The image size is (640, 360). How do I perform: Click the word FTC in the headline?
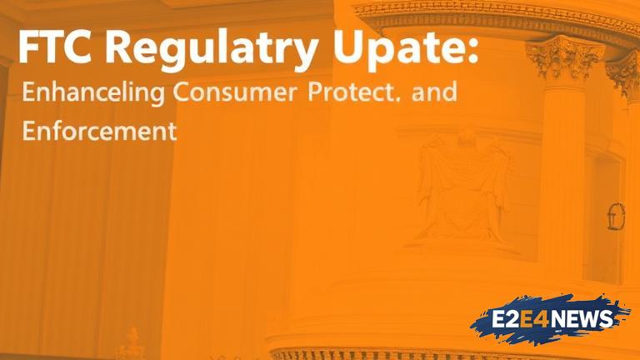pyautogui.click(x=55, y=46)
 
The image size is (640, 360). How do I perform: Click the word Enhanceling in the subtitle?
pyautogui.click(x=93, y=92)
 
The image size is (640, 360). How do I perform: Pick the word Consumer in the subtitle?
pyautogui.click(x=234, y=92)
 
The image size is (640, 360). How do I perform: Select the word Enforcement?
pyautogui.click(x=100, y=131)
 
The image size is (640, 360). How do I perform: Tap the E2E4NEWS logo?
pyautogui.click(x=551, y=319)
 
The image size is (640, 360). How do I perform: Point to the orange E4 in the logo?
pyautogui.click(x=535, y=320)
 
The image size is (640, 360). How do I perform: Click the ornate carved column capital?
pyautogui.click(x=565, y=58)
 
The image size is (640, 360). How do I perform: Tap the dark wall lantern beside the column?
pyautogui.click(x=616, y=217)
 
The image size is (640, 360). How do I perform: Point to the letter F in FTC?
pyautogui.click(x=28, y=46)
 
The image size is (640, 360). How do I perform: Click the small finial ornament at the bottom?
pyautogui.click(x=132, y=343)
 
